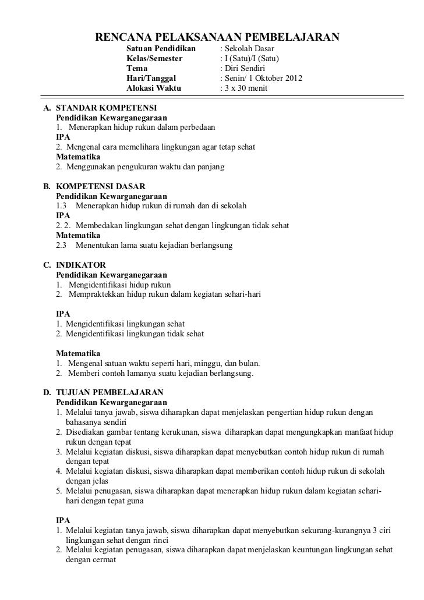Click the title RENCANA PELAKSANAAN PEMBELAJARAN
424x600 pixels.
coord(216,38)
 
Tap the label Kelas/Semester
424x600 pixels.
coord(154,59)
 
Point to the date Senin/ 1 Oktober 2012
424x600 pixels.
coord(261,79)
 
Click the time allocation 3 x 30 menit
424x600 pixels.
coord(243,89)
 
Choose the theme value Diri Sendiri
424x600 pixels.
coord(246,69)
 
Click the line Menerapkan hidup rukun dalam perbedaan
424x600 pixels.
coord(141,127)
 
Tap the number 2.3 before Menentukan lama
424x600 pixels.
coord(62,246)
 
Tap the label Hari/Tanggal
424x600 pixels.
coord(150,79)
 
